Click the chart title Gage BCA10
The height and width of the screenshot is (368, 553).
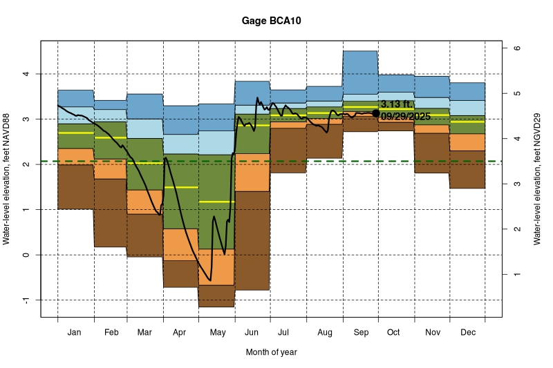271,21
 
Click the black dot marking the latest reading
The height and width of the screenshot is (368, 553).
376,113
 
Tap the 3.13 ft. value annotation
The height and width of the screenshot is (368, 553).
396,104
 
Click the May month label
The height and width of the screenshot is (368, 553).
217,333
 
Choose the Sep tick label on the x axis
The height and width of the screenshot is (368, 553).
360,333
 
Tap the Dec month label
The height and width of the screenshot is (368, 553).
467,333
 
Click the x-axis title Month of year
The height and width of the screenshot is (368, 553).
271,352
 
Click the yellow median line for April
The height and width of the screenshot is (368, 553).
181,187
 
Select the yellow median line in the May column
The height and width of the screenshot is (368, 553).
217,202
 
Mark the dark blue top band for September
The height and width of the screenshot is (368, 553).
360,72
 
